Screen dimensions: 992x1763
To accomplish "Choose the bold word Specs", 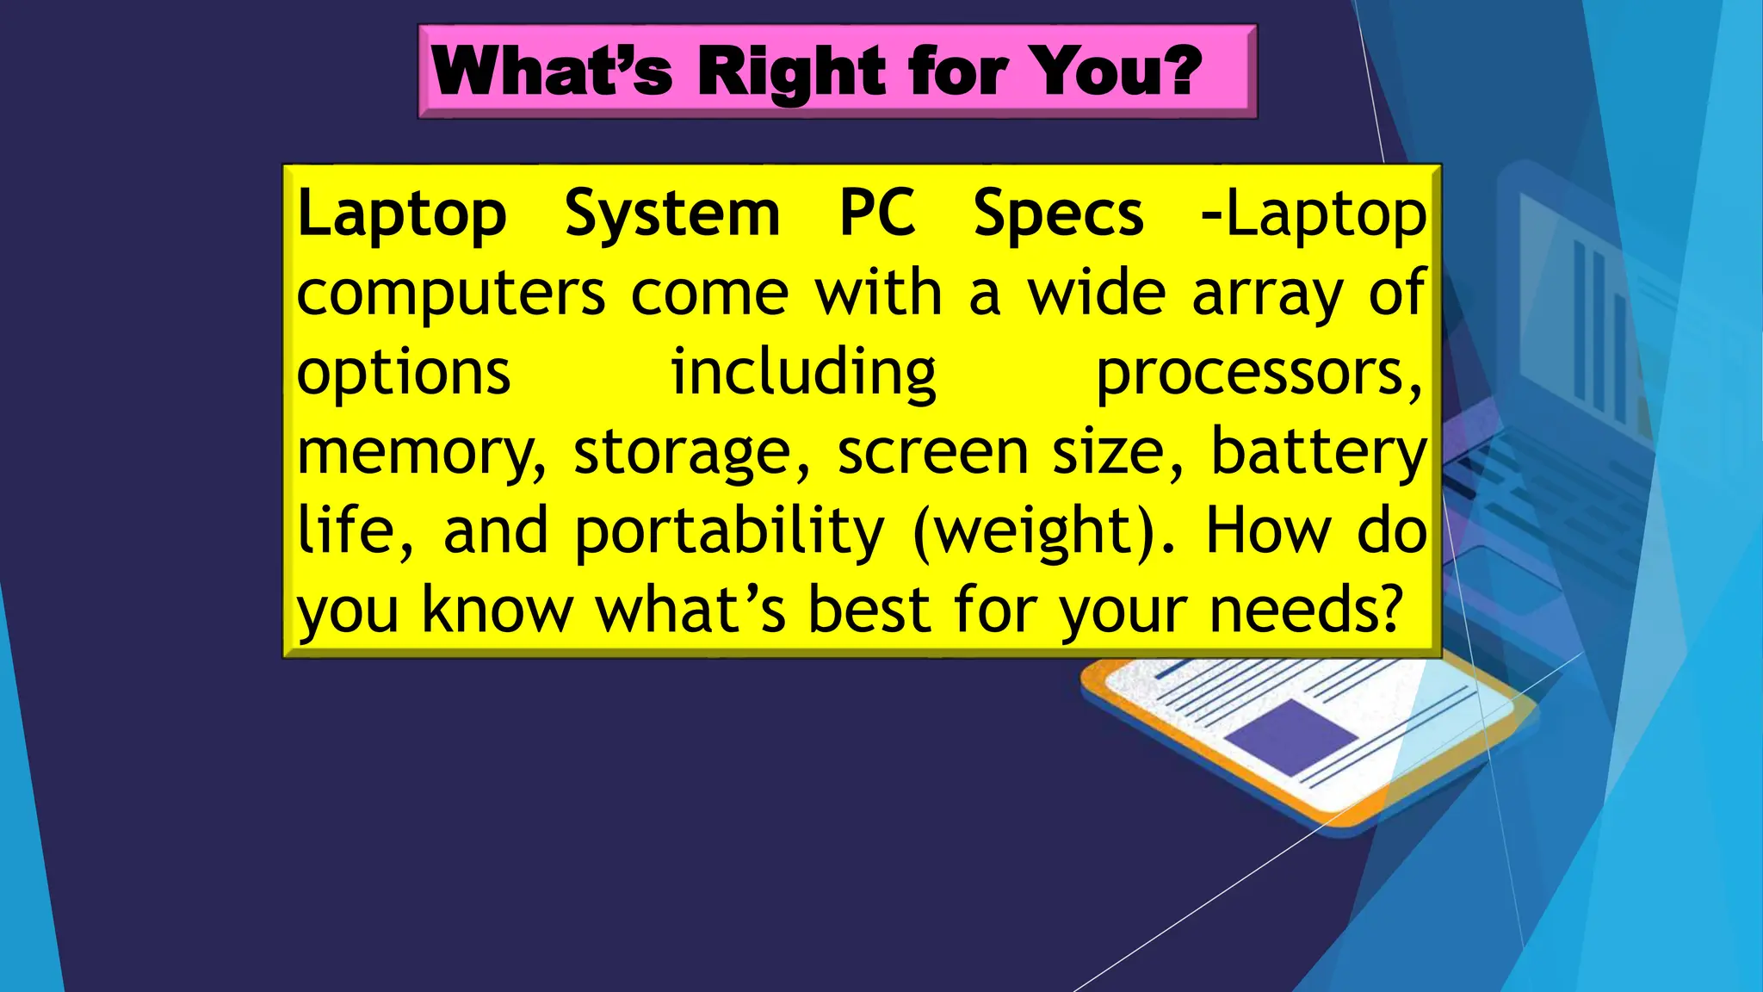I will coord(1058,214).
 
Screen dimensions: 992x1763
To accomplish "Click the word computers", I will coord(451,294).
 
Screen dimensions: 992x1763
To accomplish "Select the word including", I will coord(803,374).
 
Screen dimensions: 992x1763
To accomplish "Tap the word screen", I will coord(931,451).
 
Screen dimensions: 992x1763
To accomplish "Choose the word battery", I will coord(1318,451).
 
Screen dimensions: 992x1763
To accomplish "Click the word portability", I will coord(728,531).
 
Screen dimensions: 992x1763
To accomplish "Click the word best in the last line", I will coord(869,610).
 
